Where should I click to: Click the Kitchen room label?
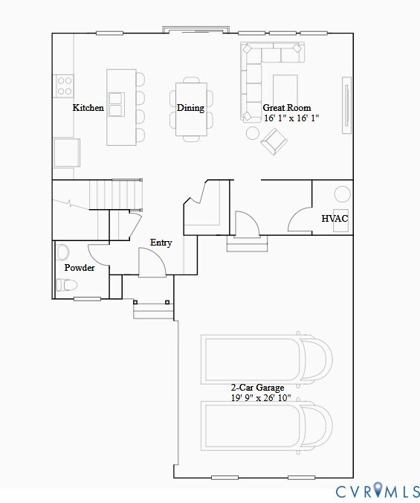(x=88, y=108)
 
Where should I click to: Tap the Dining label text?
(x=190, y=108)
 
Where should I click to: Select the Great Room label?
(x=287, y=108)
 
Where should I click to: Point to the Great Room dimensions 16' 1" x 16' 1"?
(x=290, y=118)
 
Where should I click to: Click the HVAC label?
(x=334, y=219)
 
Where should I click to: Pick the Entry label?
(x=161, y=243)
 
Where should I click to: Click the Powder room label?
(x=80, y=268)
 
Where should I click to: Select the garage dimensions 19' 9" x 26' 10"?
(x=260, y=398)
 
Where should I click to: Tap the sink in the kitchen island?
(x=116, y=103)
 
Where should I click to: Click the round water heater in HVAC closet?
(x=341, y=194)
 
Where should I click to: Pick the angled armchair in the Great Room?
(x=273, y=141)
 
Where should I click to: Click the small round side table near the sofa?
(x=253, y=133)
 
